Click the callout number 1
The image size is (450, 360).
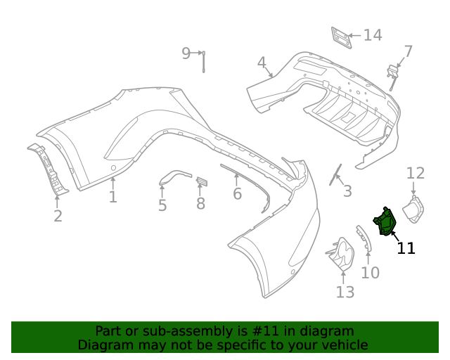click(112, 196)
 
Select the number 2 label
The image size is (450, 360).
click(58, 216)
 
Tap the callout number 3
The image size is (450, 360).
click(347, 191)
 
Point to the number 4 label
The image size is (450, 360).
click(262, 63)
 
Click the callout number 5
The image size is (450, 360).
click(162, 205)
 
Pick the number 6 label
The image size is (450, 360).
click(237, 193)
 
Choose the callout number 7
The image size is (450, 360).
click(408, 51)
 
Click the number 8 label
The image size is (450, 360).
click(200, 204)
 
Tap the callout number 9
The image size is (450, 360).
click(186, 53)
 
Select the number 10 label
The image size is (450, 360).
click(370, 273)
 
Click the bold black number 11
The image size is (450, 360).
click(406, 247)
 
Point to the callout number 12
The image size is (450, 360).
click(416, 173)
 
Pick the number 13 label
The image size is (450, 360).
click(345, 292)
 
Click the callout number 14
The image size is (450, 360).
click(372, 35)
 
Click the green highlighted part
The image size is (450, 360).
click(385, 222)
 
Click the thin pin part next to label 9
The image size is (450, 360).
click(203, 61)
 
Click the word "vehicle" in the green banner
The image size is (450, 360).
click(340, 345)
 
